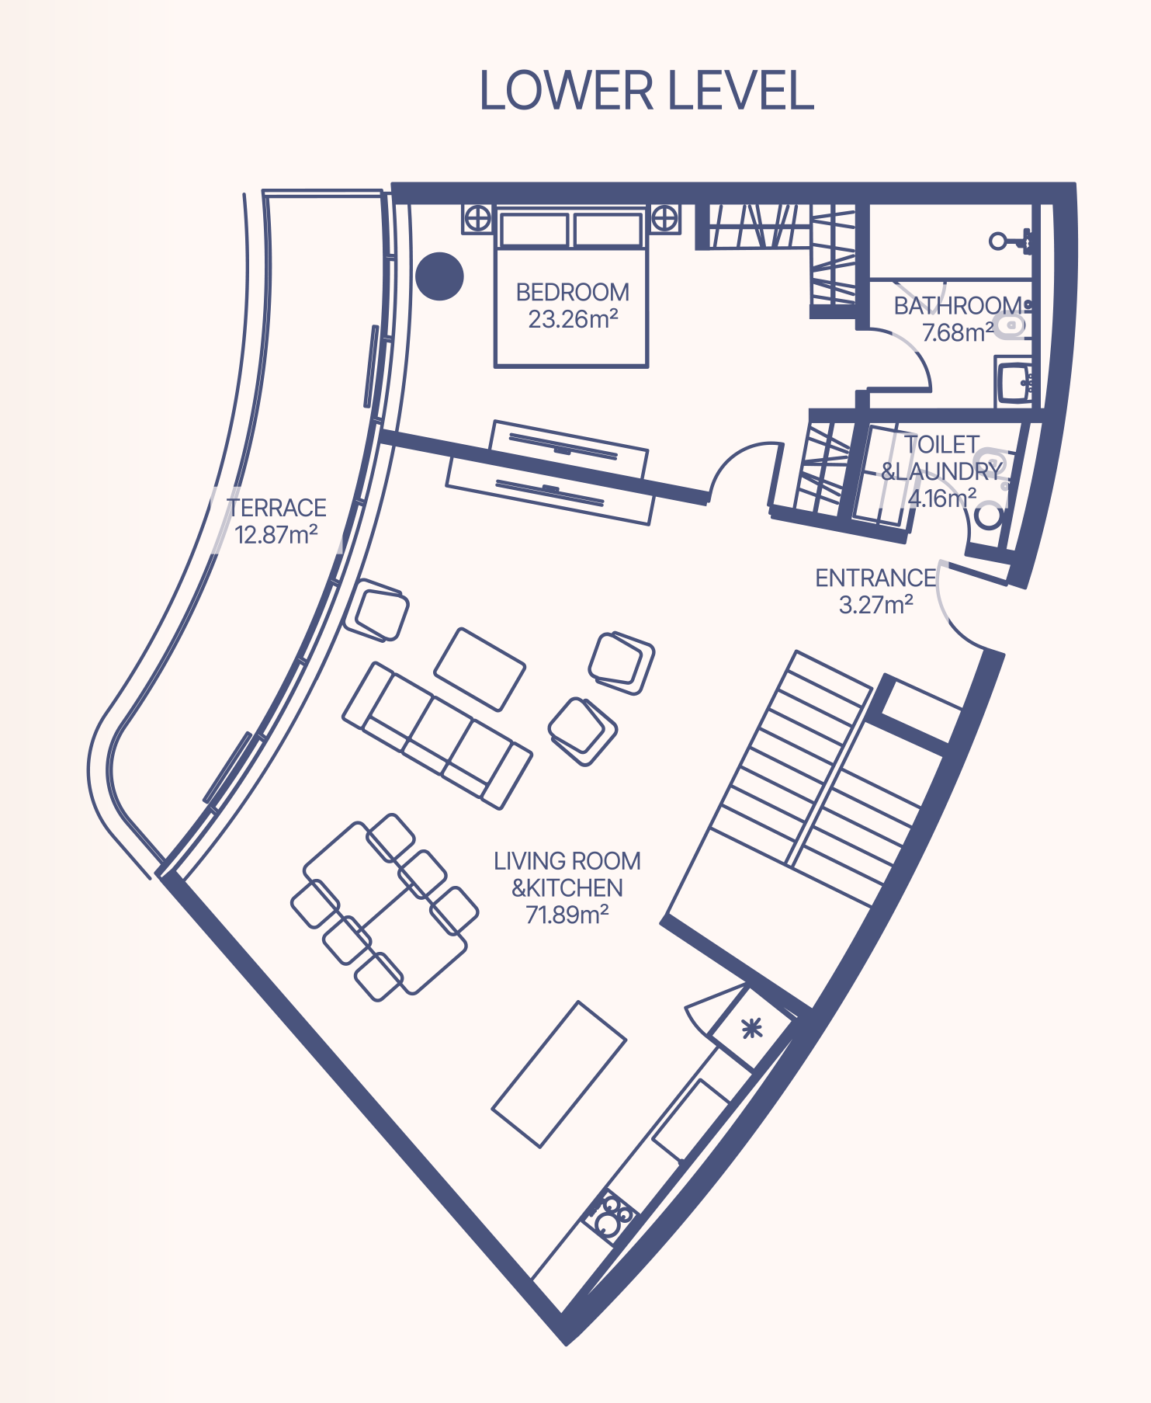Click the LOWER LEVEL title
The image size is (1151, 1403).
pyautogui.click(x=647, y=91)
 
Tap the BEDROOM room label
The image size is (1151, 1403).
pyautogui.click(x=573, y=293)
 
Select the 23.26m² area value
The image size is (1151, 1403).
pyautogui.click(x=573, y=319)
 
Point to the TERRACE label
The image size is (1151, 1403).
pyautogui.click(x=277, y=508)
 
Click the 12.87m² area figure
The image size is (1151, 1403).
pyautogui.click(x=276, y=534)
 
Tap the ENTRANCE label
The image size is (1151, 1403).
pyautogui.click(x=875, y=578)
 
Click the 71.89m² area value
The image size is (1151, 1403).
pyautogui.click(x=567, y=915)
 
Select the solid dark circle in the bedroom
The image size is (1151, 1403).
pyautogui.click(x=439, y=276)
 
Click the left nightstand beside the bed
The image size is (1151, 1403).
pyautogui.click(x=477, y=219)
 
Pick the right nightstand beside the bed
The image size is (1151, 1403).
pyautogui.click(x=664, y=219)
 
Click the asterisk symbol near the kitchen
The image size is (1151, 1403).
pyautogui.click(x=751, y=1030)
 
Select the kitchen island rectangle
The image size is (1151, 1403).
pyautogui.click(x=559, y=1075)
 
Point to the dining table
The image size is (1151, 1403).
pyautogui.click(x=385, y=908)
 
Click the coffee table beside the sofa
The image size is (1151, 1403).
pyautogui.click(x=480, y=669)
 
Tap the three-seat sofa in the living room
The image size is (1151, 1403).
pyautogui.click(x=438, y=735)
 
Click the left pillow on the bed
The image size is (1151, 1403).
pyautogui.click(x=534, y=230)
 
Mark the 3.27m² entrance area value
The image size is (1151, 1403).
pyautogui.click(x=876, y=604)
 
